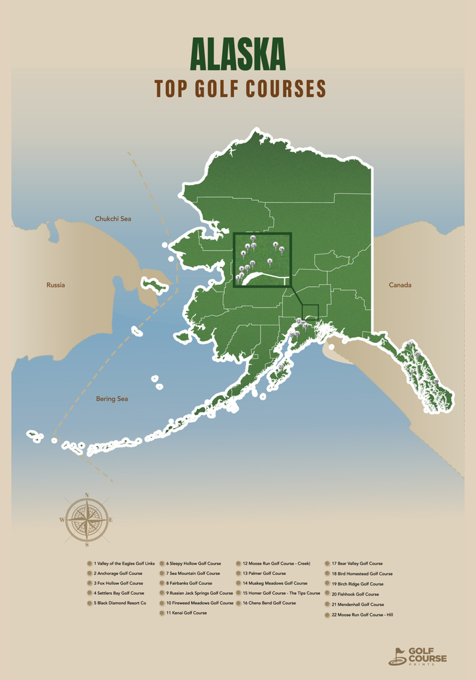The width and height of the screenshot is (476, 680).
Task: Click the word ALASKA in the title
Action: coord(238,54)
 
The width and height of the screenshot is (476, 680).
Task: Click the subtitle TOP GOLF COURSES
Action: coord(241,88)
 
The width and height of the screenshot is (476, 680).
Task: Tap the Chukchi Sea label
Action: coord(114,218)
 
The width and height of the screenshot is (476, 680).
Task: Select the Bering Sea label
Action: coord(112,399)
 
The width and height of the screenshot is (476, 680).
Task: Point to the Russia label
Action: coord(56,285)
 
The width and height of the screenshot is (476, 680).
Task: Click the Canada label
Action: coord(400,285)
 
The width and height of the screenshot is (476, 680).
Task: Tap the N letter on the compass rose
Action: coord(87,495)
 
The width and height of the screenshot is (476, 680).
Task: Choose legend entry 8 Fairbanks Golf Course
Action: coord(189,584)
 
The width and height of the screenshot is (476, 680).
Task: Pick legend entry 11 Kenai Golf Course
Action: coord(186,613)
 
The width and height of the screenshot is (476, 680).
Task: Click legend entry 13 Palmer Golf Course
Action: coord(264,574)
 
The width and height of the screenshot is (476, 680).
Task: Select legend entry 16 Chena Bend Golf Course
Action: coord(269,603)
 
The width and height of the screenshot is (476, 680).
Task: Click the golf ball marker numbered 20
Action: coord(253,238)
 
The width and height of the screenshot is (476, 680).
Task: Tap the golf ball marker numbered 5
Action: coord(270,262)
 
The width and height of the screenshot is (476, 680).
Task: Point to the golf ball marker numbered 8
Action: coord(275,245)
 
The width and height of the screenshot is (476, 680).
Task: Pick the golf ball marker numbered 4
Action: coord(243,253)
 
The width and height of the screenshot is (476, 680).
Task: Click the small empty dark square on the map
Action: coord(310,313)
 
